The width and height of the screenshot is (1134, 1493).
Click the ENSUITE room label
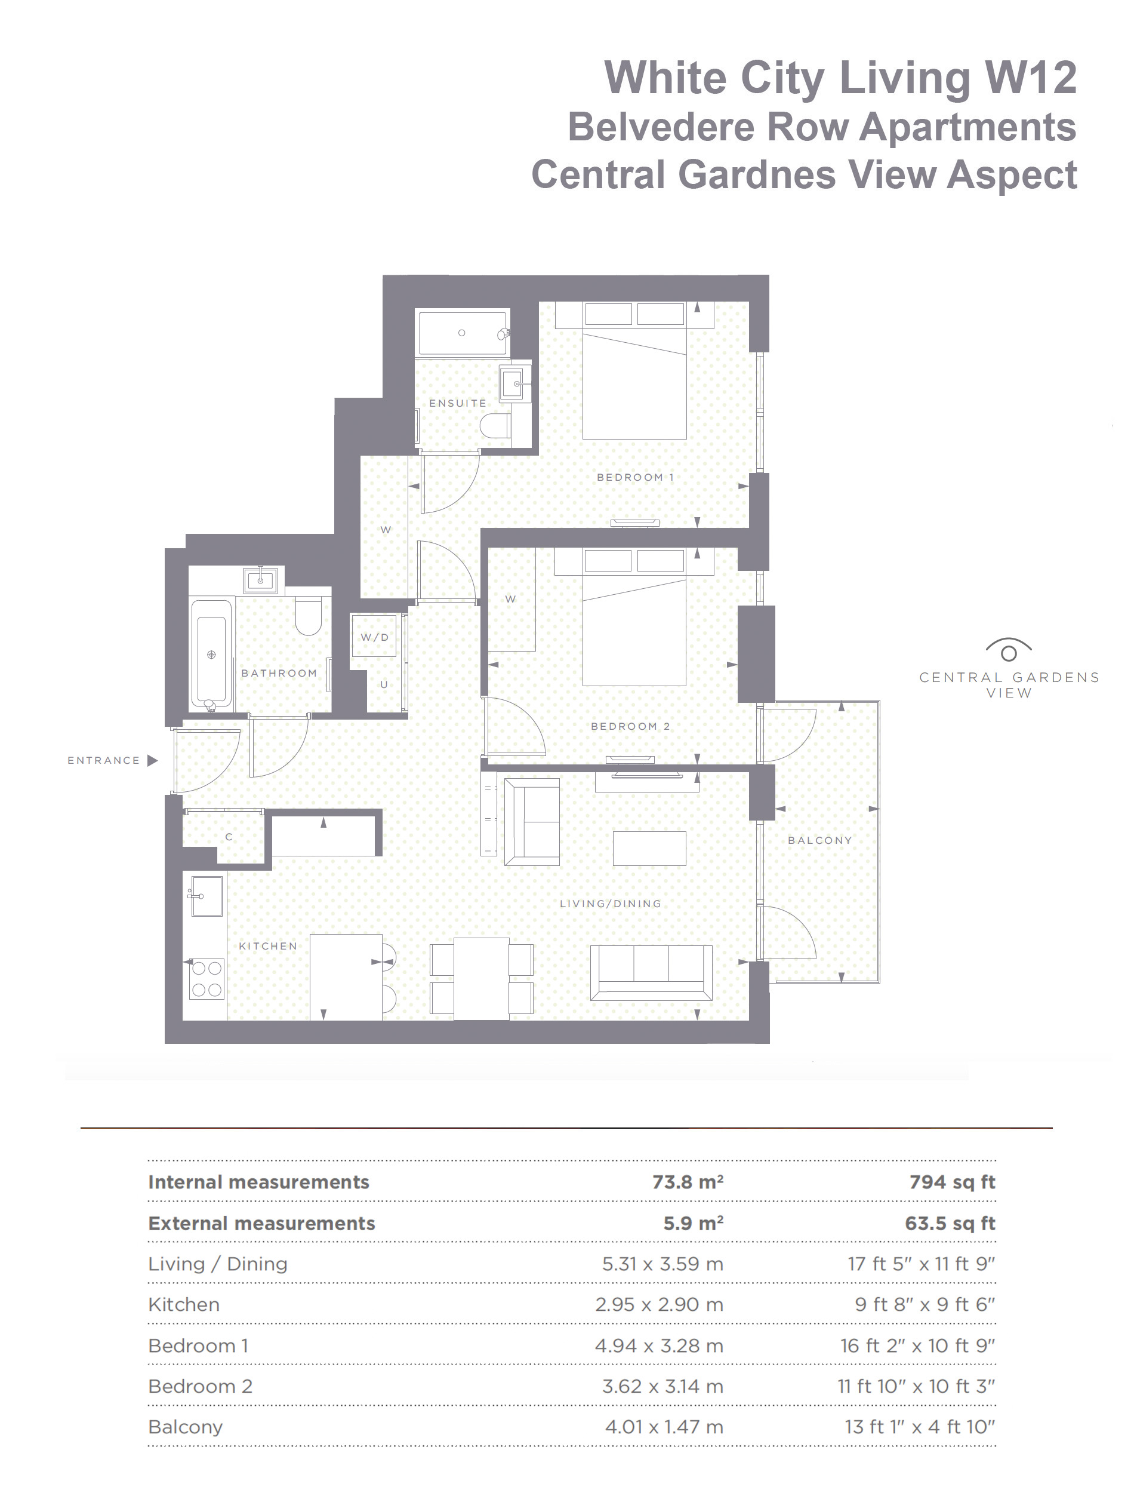click(457, 403)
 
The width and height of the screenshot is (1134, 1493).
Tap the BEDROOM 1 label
click(635, 477)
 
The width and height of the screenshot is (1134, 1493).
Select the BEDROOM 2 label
click(630, 727)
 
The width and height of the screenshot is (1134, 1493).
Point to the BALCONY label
click(819, 840)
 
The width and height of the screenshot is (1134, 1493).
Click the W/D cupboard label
click(374, 637)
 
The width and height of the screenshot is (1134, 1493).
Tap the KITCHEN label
click(267, 946)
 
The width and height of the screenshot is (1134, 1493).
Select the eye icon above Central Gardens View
click(1009, 650)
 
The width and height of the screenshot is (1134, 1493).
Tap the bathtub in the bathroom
click(211, 654)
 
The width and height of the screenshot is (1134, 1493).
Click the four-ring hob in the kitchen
click(207, 978)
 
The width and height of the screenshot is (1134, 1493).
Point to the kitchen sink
click(207, 896)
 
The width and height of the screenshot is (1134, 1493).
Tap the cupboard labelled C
click(228, 837)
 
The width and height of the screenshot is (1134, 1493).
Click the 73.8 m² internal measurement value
click(687, 1182)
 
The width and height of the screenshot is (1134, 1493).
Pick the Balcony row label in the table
click(185, 1427)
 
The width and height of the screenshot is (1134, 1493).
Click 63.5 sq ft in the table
click(950, 1223)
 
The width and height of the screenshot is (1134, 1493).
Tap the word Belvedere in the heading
click(661, 127)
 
